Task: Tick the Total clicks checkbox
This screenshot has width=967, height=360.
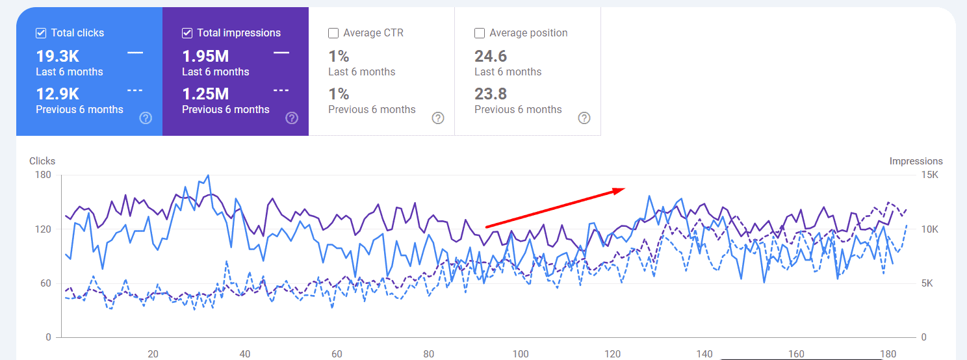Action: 41,33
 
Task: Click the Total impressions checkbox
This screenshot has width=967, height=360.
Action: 187,33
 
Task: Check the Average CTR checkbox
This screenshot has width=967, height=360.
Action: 333,33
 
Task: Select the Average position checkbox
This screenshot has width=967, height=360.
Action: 480,33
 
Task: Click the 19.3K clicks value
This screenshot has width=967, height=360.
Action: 57,57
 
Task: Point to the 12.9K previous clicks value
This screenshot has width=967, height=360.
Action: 57,94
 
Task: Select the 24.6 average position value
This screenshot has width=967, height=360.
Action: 491,57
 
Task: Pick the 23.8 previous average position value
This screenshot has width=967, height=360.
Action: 491,94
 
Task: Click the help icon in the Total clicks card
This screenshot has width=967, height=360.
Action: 146,118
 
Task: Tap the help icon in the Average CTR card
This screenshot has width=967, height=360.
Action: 438,118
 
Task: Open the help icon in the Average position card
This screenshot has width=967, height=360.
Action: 584,118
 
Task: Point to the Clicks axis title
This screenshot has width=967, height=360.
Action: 42,161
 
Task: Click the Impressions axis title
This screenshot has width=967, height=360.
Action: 916,161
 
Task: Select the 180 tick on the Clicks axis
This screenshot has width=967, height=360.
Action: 44,175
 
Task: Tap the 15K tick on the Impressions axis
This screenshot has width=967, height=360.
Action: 930,175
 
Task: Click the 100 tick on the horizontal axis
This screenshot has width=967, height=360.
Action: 520,354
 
